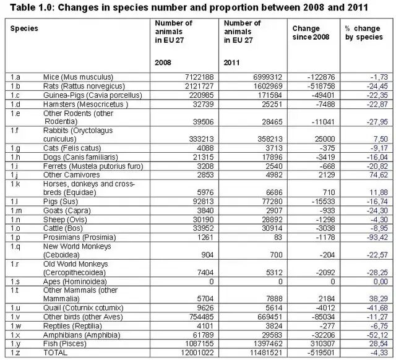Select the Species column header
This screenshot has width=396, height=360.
click(x=24, y=28)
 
